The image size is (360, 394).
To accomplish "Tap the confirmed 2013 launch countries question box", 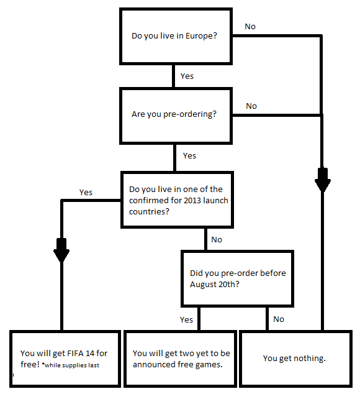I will (177, 200).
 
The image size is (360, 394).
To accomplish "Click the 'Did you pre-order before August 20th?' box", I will (236, 278).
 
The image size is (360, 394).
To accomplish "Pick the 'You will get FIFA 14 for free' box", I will (61, 359).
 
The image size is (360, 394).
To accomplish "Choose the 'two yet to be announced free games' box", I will (181, 359).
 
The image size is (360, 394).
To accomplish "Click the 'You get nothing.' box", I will (294, 359).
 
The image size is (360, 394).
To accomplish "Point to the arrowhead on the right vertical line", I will (322, 182).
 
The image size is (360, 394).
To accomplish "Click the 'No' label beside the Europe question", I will (250, 26).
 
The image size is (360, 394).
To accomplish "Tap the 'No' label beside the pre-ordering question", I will (251, 106).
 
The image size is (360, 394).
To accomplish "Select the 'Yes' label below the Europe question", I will (187, 76).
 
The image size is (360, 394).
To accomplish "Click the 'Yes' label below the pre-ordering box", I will (189, 155).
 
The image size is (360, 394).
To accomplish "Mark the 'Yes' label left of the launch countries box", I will (86, 192).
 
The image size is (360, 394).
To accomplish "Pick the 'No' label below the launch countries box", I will (217, 239).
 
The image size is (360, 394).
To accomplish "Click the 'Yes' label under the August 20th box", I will (187, 319).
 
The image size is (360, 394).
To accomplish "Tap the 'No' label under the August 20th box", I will (279, 319).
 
